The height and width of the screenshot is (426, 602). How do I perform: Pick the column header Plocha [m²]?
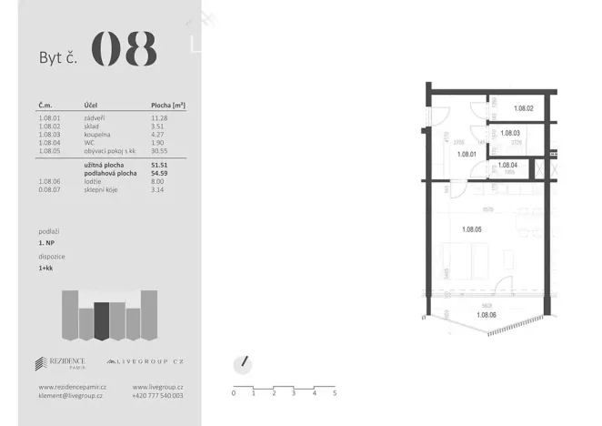pos(167,105)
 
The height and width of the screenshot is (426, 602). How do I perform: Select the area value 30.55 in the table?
pos(160,152)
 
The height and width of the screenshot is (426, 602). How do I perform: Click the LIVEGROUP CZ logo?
pos(145,363)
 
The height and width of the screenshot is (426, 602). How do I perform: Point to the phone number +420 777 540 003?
pos(157,396)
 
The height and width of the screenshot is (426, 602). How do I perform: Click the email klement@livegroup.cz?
pos(71,396)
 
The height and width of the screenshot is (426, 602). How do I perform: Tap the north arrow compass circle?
pos(242,364)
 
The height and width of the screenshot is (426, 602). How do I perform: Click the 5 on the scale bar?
pos(335,393)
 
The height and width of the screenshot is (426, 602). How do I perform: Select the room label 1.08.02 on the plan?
pos(523,109)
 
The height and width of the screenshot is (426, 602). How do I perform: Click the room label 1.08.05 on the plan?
pos(471,229)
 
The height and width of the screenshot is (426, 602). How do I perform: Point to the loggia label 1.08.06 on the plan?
pos(487,315)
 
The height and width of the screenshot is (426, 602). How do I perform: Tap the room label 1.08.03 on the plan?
pos(510,133)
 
